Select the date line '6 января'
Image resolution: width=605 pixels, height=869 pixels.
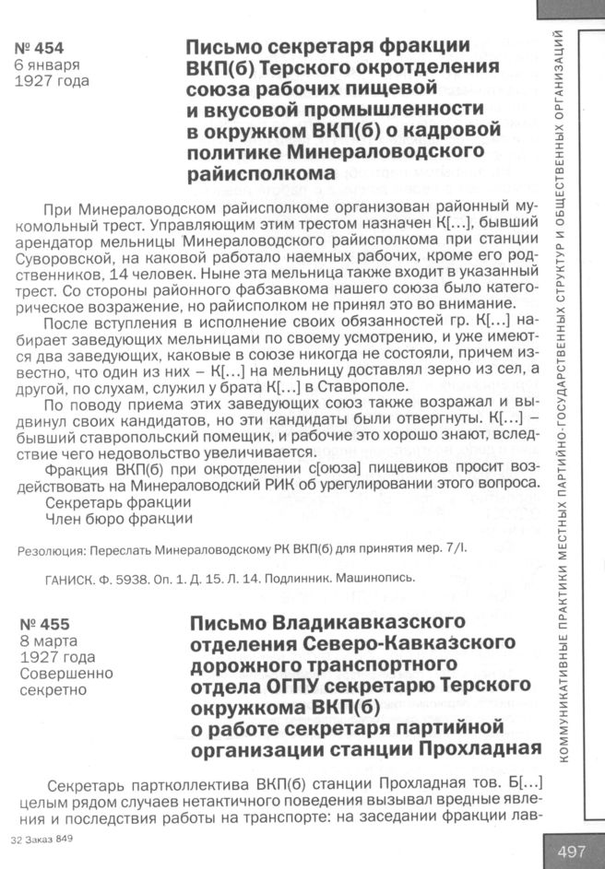pos(47,65)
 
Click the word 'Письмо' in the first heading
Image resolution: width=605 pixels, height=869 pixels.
pos(222,47)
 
